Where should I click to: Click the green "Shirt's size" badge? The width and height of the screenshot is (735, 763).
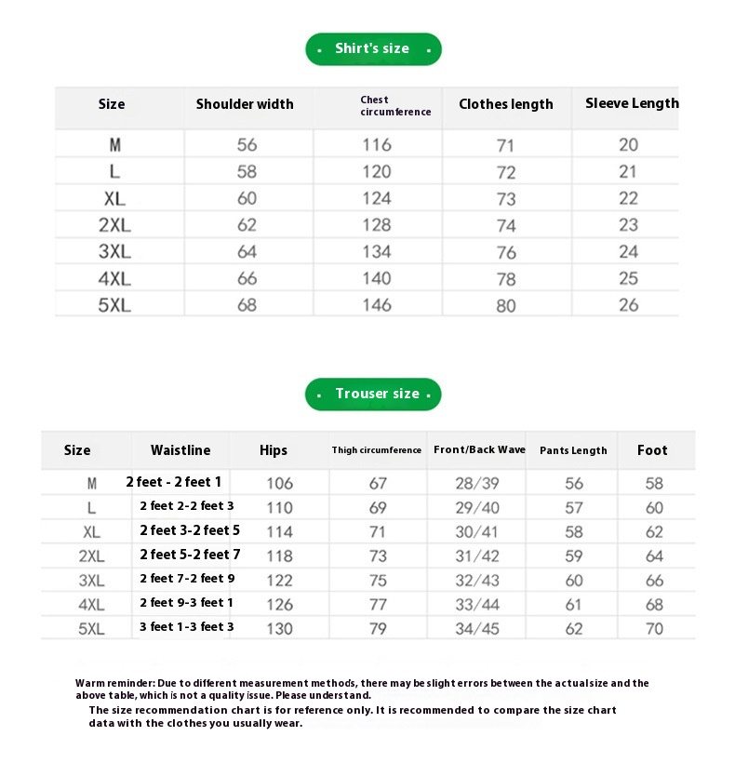373,49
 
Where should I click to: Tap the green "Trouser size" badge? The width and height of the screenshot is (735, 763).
373,395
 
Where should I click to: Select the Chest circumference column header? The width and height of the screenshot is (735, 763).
395,105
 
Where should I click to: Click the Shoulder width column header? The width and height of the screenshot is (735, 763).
245,104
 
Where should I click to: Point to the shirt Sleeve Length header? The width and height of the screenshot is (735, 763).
632,103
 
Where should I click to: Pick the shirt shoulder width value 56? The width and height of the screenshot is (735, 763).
247,145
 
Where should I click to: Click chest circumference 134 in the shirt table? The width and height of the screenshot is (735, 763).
377,252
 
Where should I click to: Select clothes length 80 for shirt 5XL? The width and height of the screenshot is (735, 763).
506,306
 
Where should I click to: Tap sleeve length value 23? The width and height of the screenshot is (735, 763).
629,225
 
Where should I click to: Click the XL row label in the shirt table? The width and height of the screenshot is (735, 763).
114,199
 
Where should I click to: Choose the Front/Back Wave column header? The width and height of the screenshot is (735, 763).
479,450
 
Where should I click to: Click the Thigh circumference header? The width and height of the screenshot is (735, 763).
377,450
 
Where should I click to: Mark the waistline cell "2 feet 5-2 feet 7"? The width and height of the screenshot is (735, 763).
190,555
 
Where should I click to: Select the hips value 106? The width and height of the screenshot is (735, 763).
279,483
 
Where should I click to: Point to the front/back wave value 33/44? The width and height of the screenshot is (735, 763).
477,605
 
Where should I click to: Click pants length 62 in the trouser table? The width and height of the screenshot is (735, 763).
574,629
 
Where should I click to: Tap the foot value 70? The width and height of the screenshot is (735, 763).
655,629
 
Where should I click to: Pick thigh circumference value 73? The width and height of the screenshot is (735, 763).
378,556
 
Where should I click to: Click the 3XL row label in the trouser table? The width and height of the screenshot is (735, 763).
92,581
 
